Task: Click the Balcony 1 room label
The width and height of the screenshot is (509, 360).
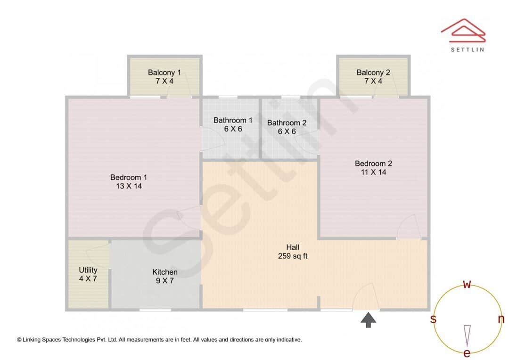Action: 164,73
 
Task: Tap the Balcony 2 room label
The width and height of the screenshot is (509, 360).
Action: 373,73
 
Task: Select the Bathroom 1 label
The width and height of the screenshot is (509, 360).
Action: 233,120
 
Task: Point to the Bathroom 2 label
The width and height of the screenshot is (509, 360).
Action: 287,123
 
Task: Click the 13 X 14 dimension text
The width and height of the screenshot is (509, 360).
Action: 129,186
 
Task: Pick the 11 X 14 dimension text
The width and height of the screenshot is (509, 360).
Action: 373,172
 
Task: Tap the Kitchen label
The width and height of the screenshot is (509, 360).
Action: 165,272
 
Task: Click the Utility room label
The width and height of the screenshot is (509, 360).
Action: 88,270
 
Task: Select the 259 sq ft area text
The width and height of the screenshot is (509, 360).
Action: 293,256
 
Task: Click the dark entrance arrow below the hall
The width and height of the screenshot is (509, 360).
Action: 369,320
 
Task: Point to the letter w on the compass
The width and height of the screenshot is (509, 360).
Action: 467,284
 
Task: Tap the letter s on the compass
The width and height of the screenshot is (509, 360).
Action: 433,319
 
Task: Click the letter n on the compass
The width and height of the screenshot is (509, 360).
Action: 501,319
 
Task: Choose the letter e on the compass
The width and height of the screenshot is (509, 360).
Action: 467,353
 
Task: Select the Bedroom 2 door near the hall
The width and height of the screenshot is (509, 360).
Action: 408,227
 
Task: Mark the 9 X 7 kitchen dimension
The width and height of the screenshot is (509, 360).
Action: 165,281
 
